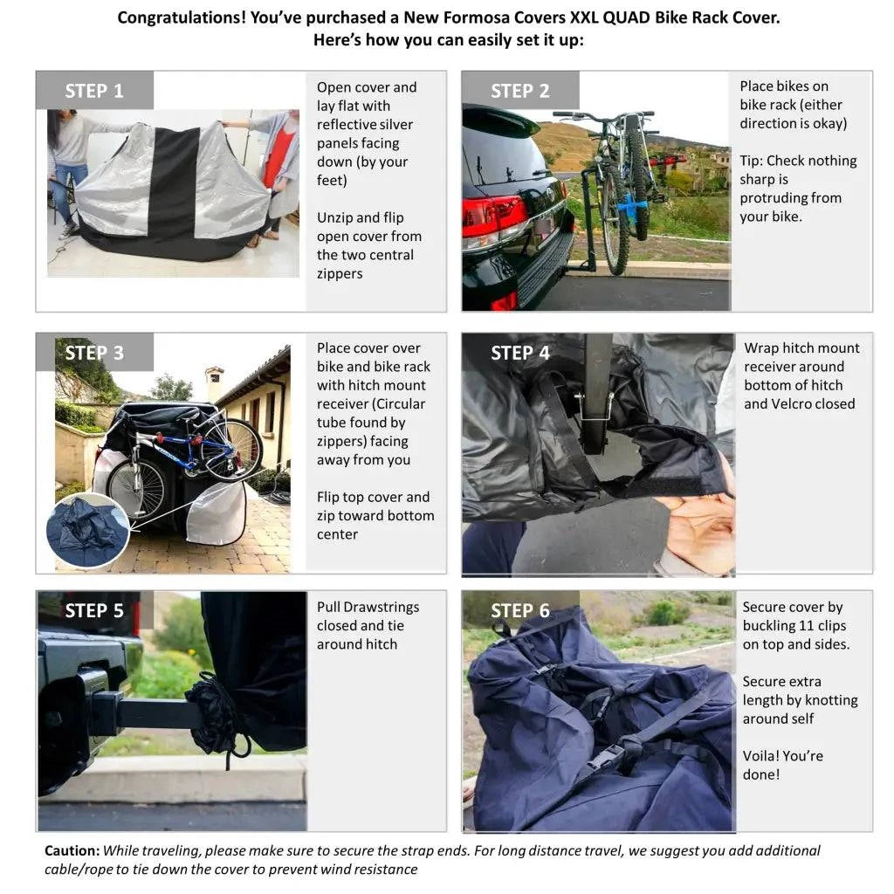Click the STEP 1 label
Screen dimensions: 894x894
point(94,91)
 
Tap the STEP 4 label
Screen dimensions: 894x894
point(519,353)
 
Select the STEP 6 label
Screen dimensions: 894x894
point(519,610)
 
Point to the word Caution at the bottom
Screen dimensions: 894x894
point(72,850)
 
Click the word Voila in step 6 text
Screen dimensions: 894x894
point(760,756)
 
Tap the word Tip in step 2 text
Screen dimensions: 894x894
point(750,161)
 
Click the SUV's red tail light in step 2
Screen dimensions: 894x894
point(493,217)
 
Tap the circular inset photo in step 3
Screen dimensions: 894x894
point(87,530)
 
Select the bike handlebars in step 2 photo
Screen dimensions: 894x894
point(602,115)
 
